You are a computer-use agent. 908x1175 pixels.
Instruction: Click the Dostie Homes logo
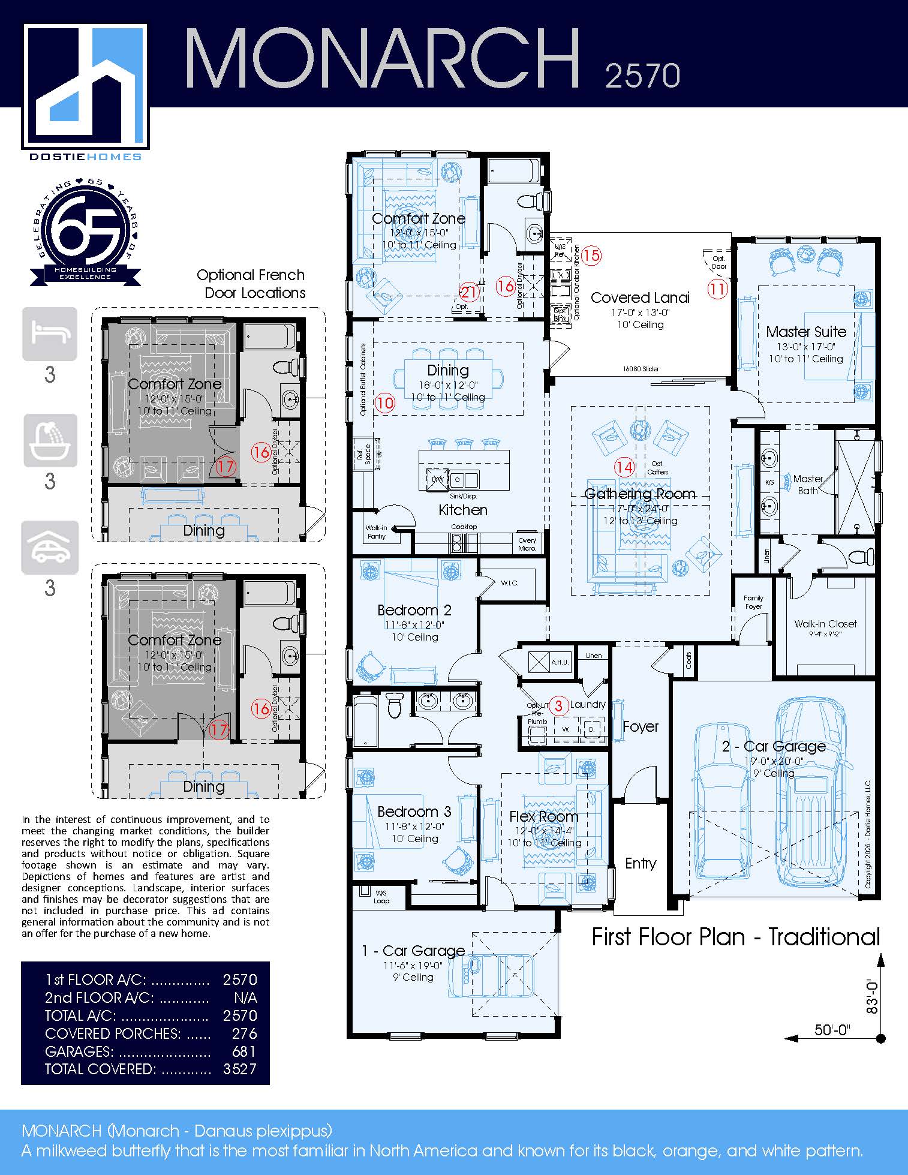[86, 89]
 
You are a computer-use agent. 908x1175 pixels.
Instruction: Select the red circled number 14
[624, 466]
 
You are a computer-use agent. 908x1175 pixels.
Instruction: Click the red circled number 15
[591, 256]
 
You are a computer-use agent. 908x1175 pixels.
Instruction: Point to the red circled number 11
[717, 289]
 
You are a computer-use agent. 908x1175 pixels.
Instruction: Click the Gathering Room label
[640, 494]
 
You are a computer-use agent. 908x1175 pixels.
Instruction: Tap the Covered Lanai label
[640, 297]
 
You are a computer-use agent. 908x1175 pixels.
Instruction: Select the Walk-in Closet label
[825, 624]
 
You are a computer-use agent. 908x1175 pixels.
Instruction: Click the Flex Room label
[543, 816]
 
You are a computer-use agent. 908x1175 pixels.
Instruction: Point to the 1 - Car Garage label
[413, 951]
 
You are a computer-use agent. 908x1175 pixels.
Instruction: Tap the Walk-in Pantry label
[377, 532]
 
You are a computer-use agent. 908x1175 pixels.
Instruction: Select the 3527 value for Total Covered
[239, 1069]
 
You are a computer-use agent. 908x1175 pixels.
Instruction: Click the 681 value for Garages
[243, 1051]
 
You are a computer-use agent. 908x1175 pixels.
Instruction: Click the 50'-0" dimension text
[832, 1030]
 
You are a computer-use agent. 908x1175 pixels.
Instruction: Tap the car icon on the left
[50, 547]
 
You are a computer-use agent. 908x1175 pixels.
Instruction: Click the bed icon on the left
[50, 333]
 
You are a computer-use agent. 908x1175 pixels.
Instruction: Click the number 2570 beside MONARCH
[642, 76]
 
